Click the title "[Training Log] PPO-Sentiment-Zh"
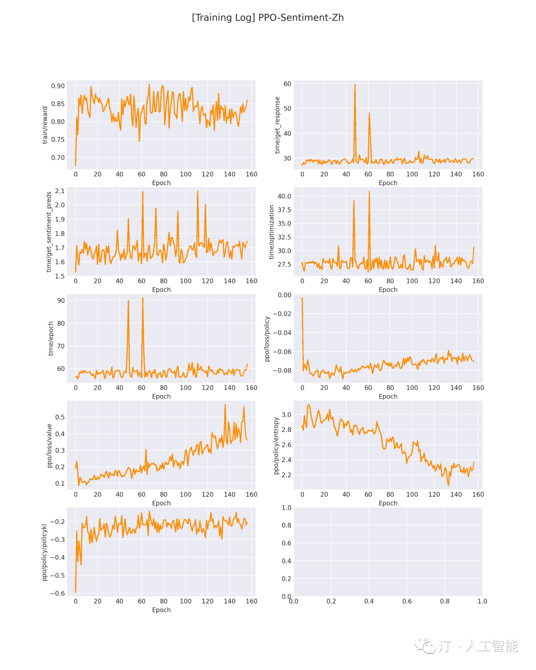(x=268, y=18)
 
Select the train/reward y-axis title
(x=45, y=125)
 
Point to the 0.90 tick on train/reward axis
(x=58, y=86)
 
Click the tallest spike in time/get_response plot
(x=355, y=85)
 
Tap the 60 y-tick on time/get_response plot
(x=287, y=84)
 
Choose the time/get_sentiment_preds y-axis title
(x=49, y=232)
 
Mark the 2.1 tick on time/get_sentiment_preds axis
(x=60, y=191)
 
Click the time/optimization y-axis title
(x=271, y=232)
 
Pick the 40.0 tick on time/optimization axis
(x=284, y=196)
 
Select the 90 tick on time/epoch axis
(x=61, y=300)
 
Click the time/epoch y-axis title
(x=51, y=338)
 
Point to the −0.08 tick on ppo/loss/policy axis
(x=282, y=370)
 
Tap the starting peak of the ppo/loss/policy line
(x=302, y=298)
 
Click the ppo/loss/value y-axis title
(x=49, y=445)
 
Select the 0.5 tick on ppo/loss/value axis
(x=60, y=417)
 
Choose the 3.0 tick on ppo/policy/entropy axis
(x=286, y=414)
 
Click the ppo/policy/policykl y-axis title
(x=44, y=552)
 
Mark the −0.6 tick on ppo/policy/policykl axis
(x=58, y=593)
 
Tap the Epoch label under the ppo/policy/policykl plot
(x=161, y=610)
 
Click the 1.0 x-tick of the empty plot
(x=482, y=601)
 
